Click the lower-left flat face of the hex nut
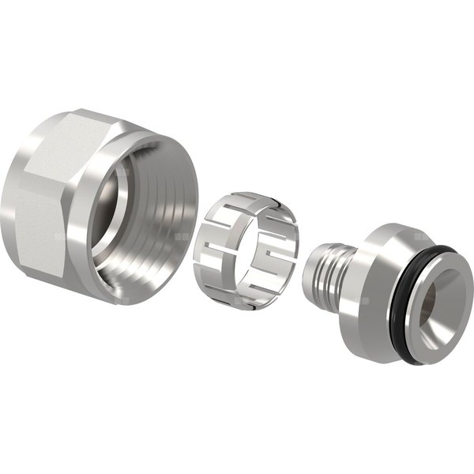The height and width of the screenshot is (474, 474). pyautogui.click(x=39, y=229)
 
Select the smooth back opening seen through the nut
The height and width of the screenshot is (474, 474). pyautogui.click(x=118, y=205)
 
